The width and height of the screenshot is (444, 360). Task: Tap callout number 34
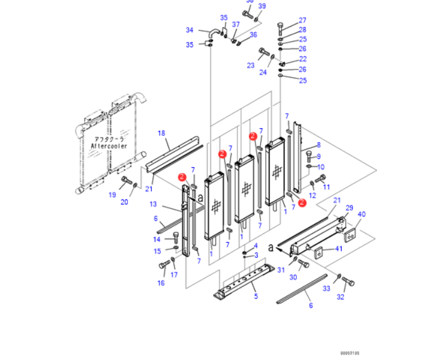click(x=189, y=30)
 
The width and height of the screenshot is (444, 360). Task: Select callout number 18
click(x=160, y=132)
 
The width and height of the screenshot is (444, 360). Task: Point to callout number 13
click(x=153, y=204)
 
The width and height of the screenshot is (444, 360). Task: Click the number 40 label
click(x=361, y=214)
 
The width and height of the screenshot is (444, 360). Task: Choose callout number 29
click(x=349, y=207)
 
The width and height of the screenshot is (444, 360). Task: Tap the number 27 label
click(x=302, y=20)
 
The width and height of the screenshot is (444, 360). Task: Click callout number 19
click(x=111, y=195)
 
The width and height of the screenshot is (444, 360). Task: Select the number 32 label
click(x=340, y=297)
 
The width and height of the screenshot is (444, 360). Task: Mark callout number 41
click(x=338, y=248)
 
